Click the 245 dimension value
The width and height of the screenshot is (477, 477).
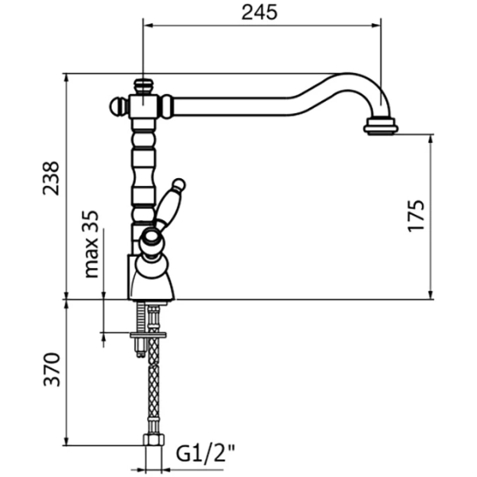pos(260,13)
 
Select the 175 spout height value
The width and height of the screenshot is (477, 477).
pos(416,215)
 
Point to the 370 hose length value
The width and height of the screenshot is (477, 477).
pos(50,370)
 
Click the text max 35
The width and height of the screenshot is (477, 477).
pos(91,244)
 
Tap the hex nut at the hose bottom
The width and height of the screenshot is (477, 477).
pos(150,439)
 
